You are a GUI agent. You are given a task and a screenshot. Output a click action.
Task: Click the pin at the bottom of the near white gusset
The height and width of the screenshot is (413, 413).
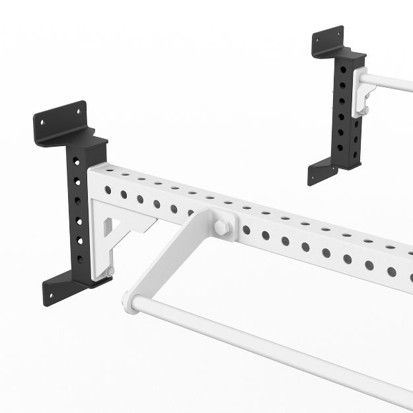coord(110,272)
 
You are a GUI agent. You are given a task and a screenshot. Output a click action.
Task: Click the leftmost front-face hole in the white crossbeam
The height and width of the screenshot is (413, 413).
coord(108,190)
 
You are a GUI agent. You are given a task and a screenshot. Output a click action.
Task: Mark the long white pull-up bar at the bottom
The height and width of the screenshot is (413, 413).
coord(278,350)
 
